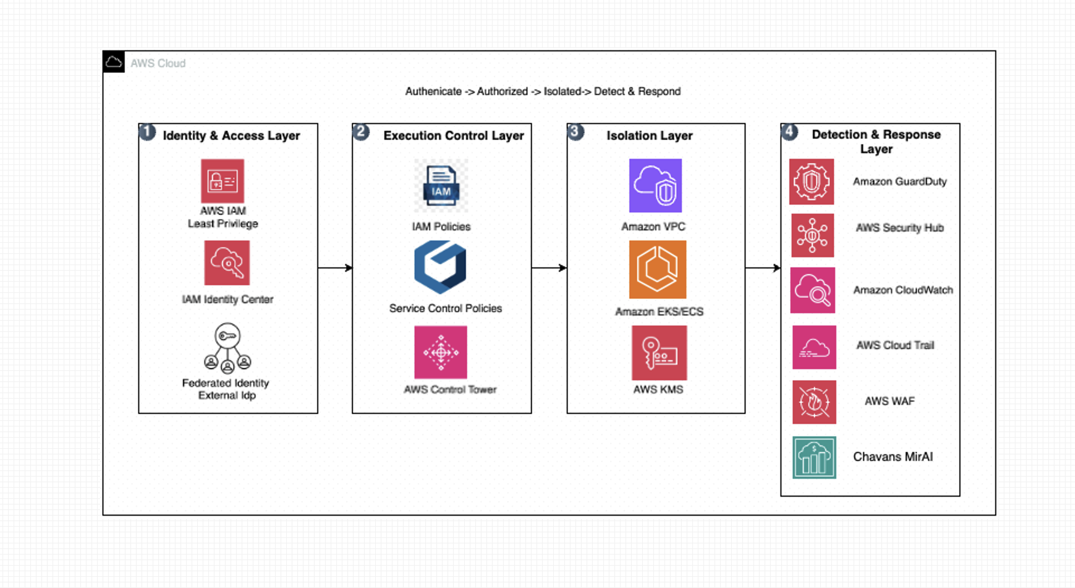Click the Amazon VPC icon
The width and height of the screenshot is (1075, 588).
(655, 185)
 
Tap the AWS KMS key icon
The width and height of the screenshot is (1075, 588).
(659, 353)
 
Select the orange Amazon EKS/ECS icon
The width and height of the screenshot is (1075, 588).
(657, 269)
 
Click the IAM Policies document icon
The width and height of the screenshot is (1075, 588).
(441, 185)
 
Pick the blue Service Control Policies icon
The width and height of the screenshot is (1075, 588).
(440, 267)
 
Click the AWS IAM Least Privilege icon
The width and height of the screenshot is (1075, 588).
(223, 181)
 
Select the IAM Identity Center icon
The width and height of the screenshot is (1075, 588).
(227, 263)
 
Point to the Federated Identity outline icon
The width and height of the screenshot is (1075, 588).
(227, 348)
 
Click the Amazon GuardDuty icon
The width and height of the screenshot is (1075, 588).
(811, 182)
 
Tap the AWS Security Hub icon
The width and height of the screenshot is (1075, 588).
(813, 236)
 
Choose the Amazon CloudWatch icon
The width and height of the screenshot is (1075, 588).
(813, 290)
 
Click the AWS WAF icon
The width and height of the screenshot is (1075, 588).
(814, 402)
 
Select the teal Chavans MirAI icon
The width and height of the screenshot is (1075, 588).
(814, 457)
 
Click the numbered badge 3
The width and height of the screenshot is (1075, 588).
(575, 132)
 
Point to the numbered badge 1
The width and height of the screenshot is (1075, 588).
(147, 132)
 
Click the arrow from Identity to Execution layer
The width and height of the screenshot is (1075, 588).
(335, 268)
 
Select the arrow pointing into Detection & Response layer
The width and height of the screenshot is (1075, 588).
(763, 268)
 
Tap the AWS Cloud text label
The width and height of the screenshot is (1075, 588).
(158, 63)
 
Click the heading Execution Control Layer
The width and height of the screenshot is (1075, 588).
(454, 136)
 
